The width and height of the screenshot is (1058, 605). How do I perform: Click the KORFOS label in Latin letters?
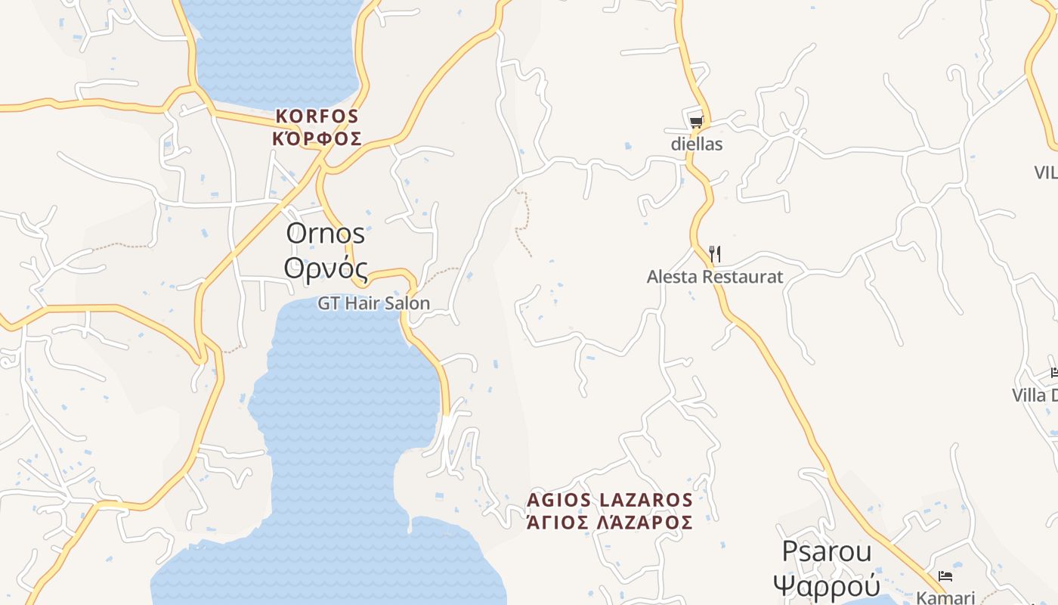point(317,116)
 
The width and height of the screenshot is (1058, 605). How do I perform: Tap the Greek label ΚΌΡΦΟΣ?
point(317,139)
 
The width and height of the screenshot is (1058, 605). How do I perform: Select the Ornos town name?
point(325,234)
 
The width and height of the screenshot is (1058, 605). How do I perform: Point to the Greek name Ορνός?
point(326,268)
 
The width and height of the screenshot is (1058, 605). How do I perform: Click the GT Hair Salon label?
point(373,303)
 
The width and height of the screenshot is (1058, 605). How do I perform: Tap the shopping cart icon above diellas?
point(696,121)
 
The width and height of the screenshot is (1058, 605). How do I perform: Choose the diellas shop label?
point(697,144)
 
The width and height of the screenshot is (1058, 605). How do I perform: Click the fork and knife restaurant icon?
point(714,253)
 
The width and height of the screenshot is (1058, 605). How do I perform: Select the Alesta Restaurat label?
point(715,277)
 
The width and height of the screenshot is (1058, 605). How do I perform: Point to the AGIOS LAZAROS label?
point(610,500)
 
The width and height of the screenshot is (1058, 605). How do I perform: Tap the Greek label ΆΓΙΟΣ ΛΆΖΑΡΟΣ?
point(610,523)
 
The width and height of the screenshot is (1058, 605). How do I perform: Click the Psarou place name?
point(827,551)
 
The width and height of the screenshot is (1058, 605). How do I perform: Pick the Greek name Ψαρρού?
point(827,585)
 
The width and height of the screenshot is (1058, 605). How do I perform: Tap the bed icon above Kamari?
point(945,576)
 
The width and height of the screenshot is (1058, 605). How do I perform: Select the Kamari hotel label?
point(945,597)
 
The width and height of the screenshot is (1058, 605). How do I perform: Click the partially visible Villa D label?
point(1035,396)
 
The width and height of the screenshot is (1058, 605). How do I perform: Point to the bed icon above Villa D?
point(1054,372)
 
